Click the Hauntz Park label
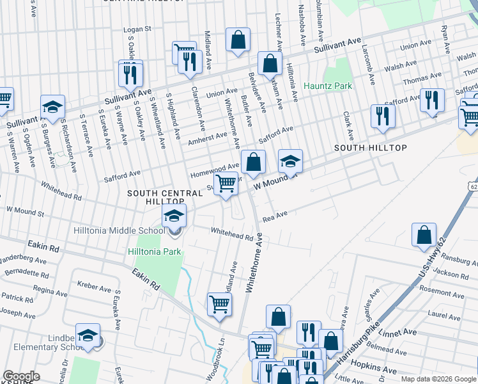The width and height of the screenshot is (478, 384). pyautogui.click(x=328, y=86)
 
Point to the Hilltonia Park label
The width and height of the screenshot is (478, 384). pyautogui.click(x=155, y=252)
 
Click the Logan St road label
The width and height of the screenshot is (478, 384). pyautogui.click(x=137, y=29)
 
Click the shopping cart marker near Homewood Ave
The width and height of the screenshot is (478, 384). pyautogui.click(x=226, y=184)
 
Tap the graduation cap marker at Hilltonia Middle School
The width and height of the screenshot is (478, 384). pyautogui.click(x=174, y=217)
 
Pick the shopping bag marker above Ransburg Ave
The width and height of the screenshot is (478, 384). pyautogui.click(x=424, y=236)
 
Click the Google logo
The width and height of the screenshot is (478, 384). pyautogui.click(x=21, y=376)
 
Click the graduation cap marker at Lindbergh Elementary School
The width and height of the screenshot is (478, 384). pyautogui.click(x=88, y=335)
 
